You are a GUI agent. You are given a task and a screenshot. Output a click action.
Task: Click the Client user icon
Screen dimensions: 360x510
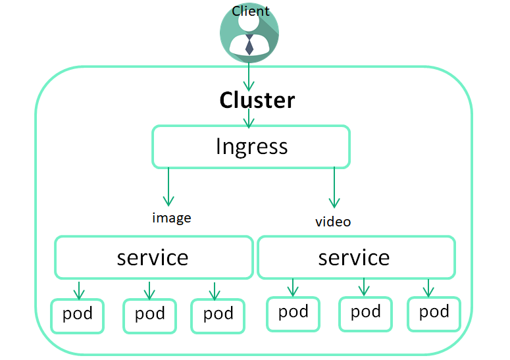tap(249, 34)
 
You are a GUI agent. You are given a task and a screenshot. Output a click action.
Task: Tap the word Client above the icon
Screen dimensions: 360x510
tap(250, 11)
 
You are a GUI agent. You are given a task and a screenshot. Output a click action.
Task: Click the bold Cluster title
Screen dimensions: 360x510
tap(257, 100)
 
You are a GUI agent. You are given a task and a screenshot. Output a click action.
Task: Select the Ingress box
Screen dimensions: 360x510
tap(251, 146)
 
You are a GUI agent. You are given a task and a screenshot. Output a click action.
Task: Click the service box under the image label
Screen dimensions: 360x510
tap(153, 257)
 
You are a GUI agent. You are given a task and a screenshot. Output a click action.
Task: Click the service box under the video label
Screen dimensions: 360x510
tap(355, 257)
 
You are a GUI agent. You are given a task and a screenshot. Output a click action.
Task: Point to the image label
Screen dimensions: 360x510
tap(171, 218)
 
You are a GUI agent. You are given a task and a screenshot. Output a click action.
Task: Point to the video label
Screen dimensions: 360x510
tap(333, 222)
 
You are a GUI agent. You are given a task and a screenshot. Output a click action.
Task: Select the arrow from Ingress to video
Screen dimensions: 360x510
tap(334, 188)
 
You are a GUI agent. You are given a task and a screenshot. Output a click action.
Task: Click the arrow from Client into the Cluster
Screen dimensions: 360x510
tap(249, 76)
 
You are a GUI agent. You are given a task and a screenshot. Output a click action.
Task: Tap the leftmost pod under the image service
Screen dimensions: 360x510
tap(78, 315)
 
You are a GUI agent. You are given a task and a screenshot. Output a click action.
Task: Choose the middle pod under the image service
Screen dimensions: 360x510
tap(149, 315)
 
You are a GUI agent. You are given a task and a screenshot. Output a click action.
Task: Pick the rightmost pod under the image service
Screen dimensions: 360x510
tap(218, 315)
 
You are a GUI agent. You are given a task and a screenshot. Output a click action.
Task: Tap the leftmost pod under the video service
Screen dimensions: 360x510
tap(293, 312)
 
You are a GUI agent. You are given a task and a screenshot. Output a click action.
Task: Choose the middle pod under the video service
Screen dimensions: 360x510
tap(365, 312)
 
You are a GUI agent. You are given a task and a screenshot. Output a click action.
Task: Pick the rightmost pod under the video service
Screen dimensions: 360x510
tap(434, 312)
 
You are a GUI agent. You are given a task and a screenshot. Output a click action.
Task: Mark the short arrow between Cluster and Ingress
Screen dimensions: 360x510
tap(249, 118)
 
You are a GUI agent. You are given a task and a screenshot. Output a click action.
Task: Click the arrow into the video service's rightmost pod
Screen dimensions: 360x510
tap(428, 288)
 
